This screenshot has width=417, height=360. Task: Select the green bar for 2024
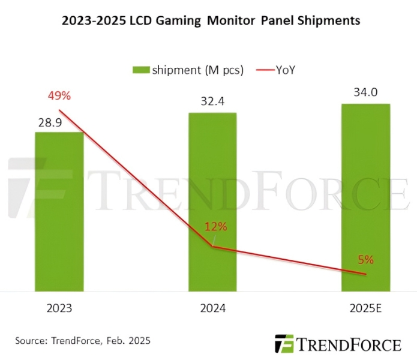click(x=212, y=202)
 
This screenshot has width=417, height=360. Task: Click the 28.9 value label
click(x=50, y=122)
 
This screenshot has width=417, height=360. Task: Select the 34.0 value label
click(x=366, y=93)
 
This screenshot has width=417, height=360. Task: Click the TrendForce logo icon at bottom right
click(x=284, y=344)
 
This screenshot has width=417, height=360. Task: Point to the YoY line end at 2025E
click(x=366, y=274)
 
